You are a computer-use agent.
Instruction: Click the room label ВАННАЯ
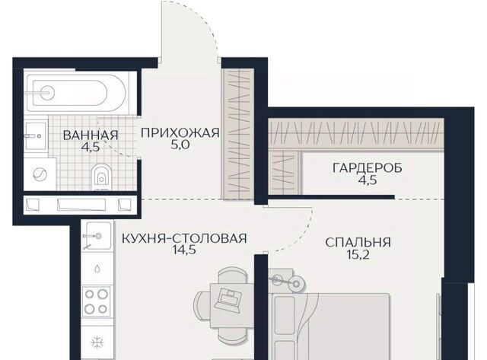[x=91, y=135]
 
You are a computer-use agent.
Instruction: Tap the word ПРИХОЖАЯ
[x=180, y=133]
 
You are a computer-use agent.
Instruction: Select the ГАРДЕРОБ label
[x=368, y=168]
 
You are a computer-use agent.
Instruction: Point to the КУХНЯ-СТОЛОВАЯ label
[x=184, y=238]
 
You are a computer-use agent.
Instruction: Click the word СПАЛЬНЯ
[x=358, y=243]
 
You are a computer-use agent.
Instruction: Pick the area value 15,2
[x=358, y=255]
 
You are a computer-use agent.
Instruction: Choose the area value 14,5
[x=185, y=250]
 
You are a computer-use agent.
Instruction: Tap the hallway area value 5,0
[x=180, y=145]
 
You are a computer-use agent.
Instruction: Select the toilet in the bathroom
[x=101, y=177]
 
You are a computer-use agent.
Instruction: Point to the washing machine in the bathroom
[x=40, y=174]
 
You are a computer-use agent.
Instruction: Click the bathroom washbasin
[x=36, y=135]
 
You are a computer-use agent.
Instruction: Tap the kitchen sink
[x=97, y=236]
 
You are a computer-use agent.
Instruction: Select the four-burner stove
[x=97, y=301]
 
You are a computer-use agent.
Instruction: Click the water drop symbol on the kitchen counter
[x=98, y=269]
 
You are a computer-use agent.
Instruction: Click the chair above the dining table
[x=233, y=276]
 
